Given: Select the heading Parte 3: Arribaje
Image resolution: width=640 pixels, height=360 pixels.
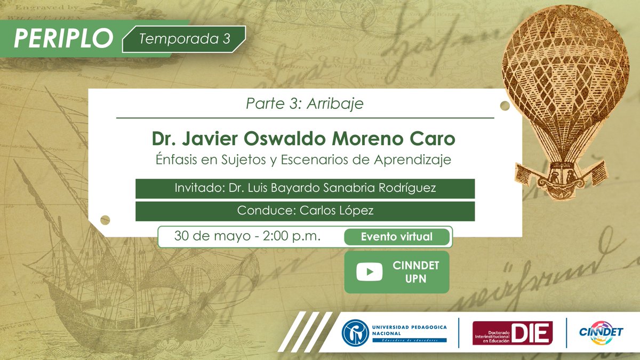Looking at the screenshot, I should pos(305,103).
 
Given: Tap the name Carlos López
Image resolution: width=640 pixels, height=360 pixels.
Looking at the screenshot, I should pos(337,211).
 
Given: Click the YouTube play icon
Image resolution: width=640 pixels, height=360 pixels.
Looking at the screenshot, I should pos(369,272).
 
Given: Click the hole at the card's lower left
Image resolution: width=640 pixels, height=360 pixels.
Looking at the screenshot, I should pos(105,220).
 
